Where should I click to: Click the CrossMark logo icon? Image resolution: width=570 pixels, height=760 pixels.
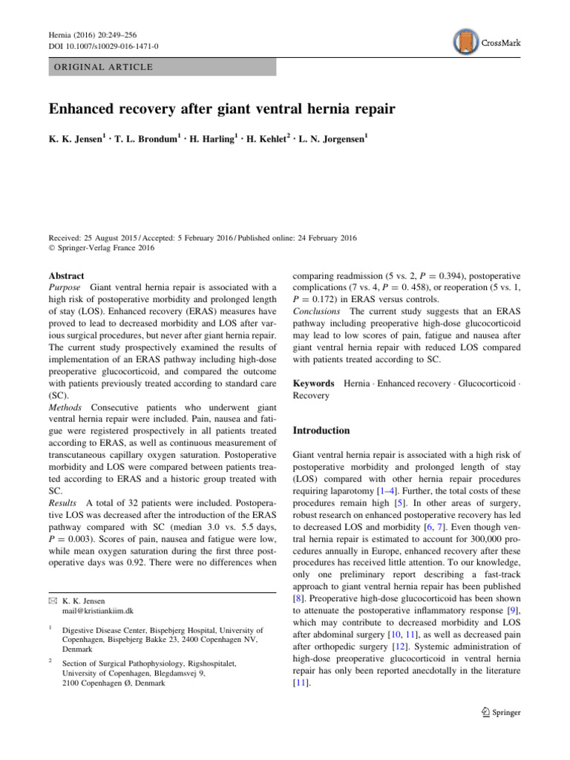click(x=465, y=43)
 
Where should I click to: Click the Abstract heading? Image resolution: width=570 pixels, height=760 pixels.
click(x=66, y=275)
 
